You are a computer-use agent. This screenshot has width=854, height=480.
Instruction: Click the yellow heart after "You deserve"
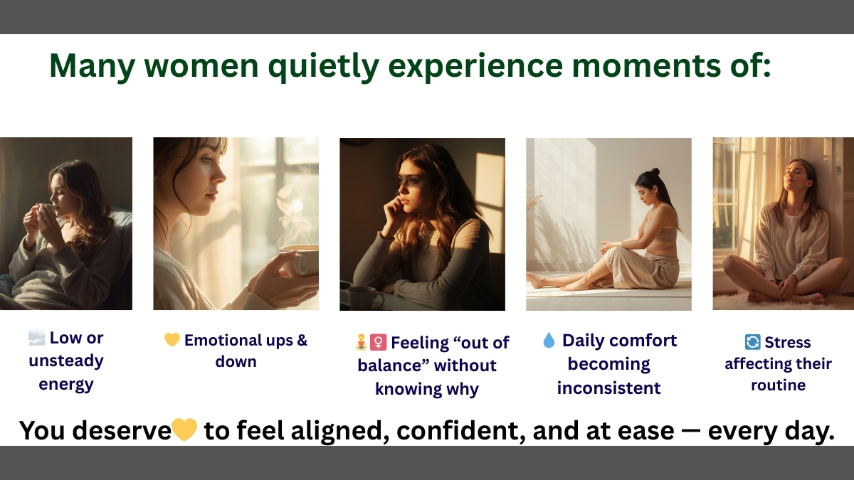pyautogui.click(x=184, y=430)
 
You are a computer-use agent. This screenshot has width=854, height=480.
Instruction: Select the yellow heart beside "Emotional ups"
pyautogui.click(x=172, y=339)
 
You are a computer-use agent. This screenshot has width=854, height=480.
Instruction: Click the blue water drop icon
pyautogui.click(x=549, y=340)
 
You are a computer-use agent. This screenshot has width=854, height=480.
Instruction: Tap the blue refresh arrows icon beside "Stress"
pyautogui.click(x=752, y=342)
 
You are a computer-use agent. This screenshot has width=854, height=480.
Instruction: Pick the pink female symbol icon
pyautogui.click(x=378, y=342)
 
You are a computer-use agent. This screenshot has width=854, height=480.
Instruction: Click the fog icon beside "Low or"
pyautogui.click(x=36, y=338)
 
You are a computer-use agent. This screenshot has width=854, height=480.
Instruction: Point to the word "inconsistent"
pyautogui.click(x=609, y=388)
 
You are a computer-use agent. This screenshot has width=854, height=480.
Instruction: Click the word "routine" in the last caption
pyautogui.click(x=778, y=385)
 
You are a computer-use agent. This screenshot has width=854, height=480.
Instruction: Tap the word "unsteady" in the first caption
pyautogui.click(x=66, y=361)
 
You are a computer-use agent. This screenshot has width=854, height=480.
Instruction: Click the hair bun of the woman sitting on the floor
pyautogui.click(x=655, y=171)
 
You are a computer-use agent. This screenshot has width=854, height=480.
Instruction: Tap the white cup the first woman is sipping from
pyautogui.click(x=46, y=210)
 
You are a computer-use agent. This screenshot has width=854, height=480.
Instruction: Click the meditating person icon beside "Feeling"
pyautogui.click(x=361, y=342)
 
